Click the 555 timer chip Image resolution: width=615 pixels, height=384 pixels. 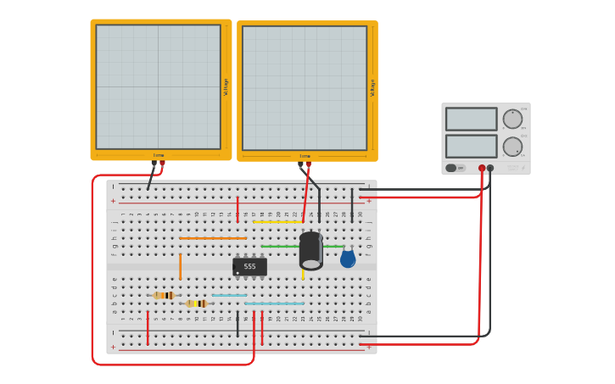249,266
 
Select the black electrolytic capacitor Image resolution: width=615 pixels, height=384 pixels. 310,251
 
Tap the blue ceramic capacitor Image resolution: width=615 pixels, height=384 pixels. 348,259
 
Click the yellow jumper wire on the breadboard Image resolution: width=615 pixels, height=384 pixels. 278,222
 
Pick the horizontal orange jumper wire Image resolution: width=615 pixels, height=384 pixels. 212,238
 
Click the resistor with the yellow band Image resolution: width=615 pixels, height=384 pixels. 197,303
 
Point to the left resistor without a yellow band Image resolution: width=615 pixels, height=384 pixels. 164,295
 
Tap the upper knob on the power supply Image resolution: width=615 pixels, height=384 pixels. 512,119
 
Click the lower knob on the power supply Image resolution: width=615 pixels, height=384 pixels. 512,147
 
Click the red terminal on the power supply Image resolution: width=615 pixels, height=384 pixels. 482,168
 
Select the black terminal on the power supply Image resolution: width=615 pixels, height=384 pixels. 490,168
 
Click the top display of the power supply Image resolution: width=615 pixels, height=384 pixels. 471,119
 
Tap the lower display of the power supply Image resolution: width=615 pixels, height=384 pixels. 471,146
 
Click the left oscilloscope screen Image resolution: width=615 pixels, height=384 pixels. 158,87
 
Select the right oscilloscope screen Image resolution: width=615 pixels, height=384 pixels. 305,88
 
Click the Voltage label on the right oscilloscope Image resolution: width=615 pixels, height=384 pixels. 372,88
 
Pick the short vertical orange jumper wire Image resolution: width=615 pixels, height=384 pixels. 180,266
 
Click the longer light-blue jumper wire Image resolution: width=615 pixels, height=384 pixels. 274,303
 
